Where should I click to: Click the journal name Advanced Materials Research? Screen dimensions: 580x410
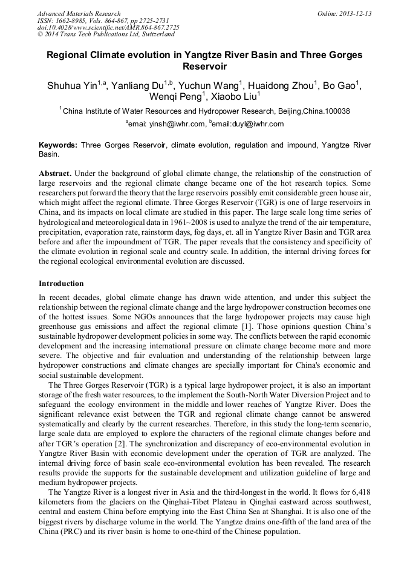pyautogui.click(x=79, y=13)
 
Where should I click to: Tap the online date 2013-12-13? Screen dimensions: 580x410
pyautogui.click(x=355, y=13)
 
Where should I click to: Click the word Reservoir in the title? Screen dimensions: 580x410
pyautogui.click(x=204, y=67)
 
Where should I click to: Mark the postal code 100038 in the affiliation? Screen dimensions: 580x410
pyautogui.click(x=337, y=111)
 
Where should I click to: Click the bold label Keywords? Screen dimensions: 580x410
pyautogui.click(x=58, y=146)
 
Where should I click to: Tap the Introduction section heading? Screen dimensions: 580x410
pyautogui.click(x=61, y=284)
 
